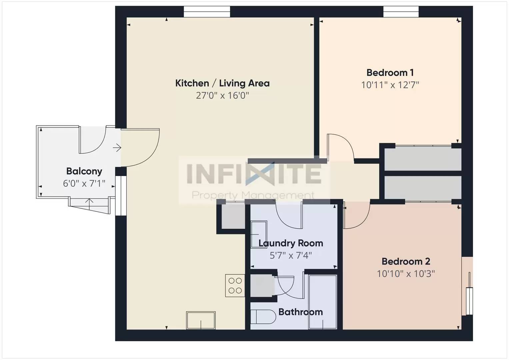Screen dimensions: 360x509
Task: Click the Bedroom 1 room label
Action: tap(390, 73)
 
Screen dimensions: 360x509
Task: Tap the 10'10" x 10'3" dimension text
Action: tap(406, 274)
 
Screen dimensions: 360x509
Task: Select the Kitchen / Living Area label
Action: tap(222, 83)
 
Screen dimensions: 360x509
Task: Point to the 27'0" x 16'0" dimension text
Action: tap(222, 96)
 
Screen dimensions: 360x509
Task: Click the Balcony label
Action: tap(84, 171)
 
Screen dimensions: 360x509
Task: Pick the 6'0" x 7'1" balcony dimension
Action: tap(84, 184)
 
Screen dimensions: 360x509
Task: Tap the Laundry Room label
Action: tap(291, 243)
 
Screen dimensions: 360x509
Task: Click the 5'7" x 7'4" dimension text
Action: tap(291, 256)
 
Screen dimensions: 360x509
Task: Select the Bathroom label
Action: tap(300, 312)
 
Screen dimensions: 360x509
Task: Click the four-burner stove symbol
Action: tap(235, 286)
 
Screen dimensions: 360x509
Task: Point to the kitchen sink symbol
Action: tap(201, 320)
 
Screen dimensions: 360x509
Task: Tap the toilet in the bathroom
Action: tap(263, 317)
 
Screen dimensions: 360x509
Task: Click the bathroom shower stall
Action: tap(322, 302)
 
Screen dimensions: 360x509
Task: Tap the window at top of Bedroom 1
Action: tap(401, 12)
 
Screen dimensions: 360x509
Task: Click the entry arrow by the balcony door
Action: tap(117, 147)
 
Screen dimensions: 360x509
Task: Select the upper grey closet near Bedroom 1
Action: tap(423, 159)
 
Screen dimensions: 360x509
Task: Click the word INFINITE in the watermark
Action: tap(253, 174)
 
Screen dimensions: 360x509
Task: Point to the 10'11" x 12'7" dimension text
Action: tap(390, 85)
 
